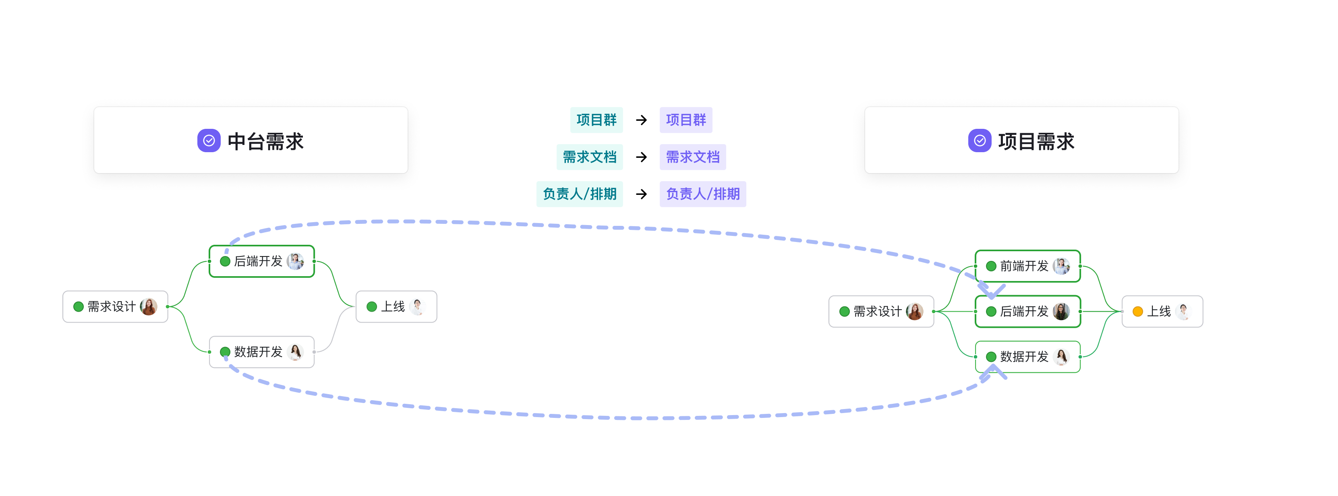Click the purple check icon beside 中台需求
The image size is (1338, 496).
pos(209,141)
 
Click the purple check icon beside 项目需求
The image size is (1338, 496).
pos(980,141)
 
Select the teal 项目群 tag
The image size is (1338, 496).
pos(596,120)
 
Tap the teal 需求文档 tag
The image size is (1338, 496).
pos(590,157)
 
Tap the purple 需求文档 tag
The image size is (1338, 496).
pos(693,157)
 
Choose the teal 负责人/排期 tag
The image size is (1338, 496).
pos(580,194)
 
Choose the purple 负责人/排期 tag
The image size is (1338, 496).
pos(703,194)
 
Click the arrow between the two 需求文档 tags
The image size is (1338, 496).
pos(642,157)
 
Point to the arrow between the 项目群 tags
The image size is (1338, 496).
pos(642,120)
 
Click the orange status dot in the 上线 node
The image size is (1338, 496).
pos(1137,312)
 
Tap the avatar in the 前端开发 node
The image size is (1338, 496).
pos(1061,266)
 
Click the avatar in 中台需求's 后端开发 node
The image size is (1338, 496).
pos(296,261)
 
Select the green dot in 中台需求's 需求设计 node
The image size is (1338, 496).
pos(79,306)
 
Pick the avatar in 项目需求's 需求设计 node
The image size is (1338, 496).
pos(915,312)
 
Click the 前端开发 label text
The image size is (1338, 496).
pos(1024,266)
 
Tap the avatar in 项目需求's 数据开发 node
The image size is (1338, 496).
pos(1061,357)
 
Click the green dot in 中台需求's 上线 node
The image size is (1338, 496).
pos(372,306)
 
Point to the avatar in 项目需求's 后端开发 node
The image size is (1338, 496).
pos(1061,312)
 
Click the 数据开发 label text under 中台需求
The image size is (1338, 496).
pos(258,352)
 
